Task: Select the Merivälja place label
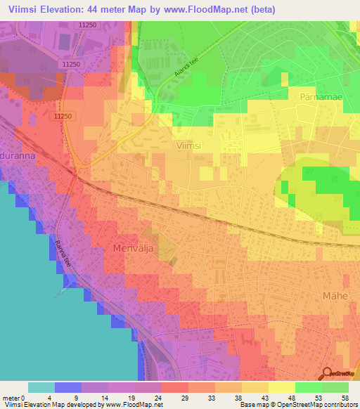pyautogui.click(x=133, y=248)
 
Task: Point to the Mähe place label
pyautogui.click(x=335, y=296)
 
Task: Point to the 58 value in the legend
pyautogui.click(x=344, y=397)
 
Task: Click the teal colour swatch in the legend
pyautogui.click(x=41, y=387)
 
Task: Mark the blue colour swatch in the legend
pyautogui.click(x=68, y=387)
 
